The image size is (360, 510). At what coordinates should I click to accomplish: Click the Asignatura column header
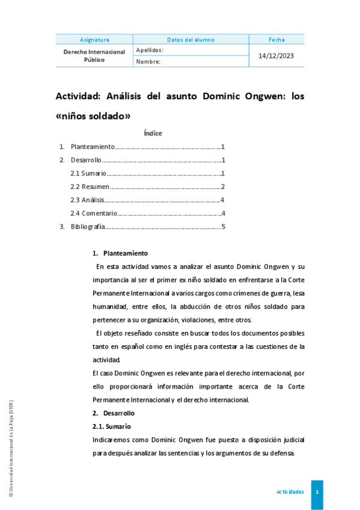pos(94,40)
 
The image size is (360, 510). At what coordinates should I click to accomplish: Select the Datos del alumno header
pos(191,40)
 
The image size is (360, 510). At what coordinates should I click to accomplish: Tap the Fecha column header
pos(276,40)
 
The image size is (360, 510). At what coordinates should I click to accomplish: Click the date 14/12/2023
pos(276,56)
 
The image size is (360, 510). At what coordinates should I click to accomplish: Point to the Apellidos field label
pos(150,51)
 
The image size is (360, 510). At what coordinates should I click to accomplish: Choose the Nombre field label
pos(148,61)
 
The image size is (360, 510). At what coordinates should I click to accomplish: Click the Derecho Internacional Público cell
pos(94,56)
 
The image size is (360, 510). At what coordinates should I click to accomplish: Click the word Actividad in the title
pos(78,96)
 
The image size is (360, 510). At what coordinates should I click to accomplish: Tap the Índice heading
pos(153,133)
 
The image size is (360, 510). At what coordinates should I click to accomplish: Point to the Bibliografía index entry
pos(88,227)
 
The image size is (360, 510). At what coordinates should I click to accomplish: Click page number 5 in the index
pos(223,227)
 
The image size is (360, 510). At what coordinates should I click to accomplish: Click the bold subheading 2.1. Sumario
pos(108,426)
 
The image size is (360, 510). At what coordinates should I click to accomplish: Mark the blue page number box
pos(317,492)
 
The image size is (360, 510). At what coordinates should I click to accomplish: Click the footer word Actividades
pos(290,492)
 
